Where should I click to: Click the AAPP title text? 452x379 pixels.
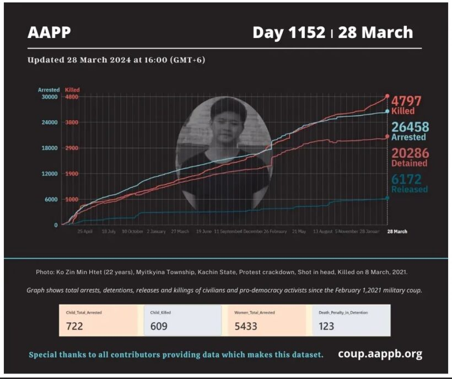[x=49, y=33]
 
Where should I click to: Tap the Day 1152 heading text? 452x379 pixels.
[x=288, y=33]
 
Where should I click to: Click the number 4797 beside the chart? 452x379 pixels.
[x=406, y=101]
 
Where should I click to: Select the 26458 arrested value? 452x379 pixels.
[x=410, y=127]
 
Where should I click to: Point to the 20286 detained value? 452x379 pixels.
[x=410, y=153]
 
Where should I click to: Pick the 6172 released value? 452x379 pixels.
[x=406, y=179]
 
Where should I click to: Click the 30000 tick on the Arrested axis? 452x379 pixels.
[x=50, y=97]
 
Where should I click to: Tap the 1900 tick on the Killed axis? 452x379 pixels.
[x=72, y=174]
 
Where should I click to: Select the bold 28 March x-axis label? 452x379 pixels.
[x=397, y=232]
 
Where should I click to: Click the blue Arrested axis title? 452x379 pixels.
[x=49, y=89]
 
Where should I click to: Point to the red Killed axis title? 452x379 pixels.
[x=72, y=89]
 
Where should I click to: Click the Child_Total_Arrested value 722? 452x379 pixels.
[x=74, y=326]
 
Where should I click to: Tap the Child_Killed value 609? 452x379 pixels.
[x=159, y=326]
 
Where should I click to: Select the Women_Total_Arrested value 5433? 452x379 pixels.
[x=246, y=326]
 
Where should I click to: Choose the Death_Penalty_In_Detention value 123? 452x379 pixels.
[x=326, y=326]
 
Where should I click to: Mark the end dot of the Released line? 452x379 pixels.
[x=388, y=197]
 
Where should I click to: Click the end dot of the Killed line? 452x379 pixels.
[x=388, y=97]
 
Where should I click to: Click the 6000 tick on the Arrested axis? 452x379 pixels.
[x=51, y=200]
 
